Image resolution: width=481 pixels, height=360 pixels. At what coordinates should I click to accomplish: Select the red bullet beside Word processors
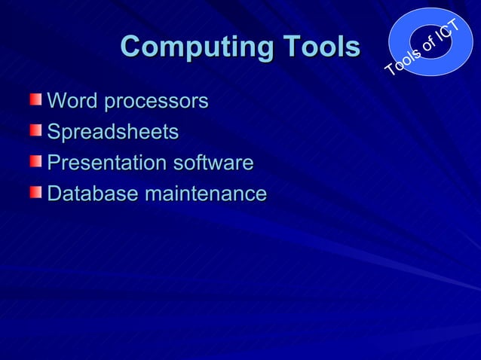tap(36, 99)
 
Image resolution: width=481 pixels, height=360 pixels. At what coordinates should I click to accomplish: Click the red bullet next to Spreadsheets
tap(36, 131)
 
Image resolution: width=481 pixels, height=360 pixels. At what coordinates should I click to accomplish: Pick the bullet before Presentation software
tap(36, 162)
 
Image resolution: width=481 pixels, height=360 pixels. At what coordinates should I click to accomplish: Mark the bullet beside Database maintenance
tap(36, 193)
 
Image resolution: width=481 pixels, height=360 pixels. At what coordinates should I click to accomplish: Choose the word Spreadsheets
tap(113, 133)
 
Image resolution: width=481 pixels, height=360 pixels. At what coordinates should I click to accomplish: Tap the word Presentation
tap(107, 163)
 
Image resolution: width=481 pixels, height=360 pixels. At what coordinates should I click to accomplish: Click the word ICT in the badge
tap(448, 32)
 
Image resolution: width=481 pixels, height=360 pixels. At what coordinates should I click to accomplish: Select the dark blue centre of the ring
tap(431, 38)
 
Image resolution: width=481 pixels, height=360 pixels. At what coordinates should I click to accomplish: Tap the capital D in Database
tap(54, 194)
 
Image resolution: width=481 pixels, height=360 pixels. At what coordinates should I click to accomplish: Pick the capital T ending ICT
tap(455, 25)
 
